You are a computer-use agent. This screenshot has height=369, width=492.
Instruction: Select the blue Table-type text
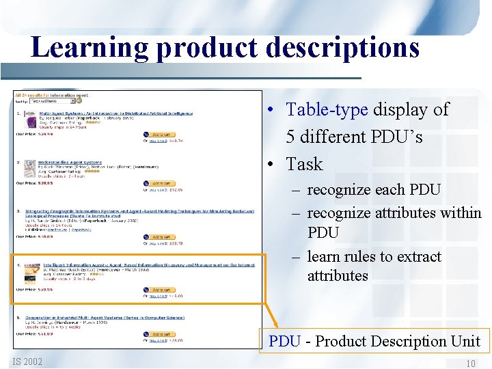(x=327, y=109)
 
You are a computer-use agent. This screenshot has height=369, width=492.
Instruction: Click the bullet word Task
(x=304, y=164)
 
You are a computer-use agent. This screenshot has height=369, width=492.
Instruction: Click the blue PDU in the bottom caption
(x=284, y=341)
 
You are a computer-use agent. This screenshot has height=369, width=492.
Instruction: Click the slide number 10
(x=471, y=364)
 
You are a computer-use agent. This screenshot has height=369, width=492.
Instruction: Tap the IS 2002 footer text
(x=27, y=361)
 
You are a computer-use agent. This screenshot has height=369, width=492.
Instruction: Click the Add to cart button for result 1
(x=161, y=135)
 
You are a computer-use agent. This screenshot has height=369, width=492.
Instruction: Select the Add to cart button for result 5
(x=161, y=334)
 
